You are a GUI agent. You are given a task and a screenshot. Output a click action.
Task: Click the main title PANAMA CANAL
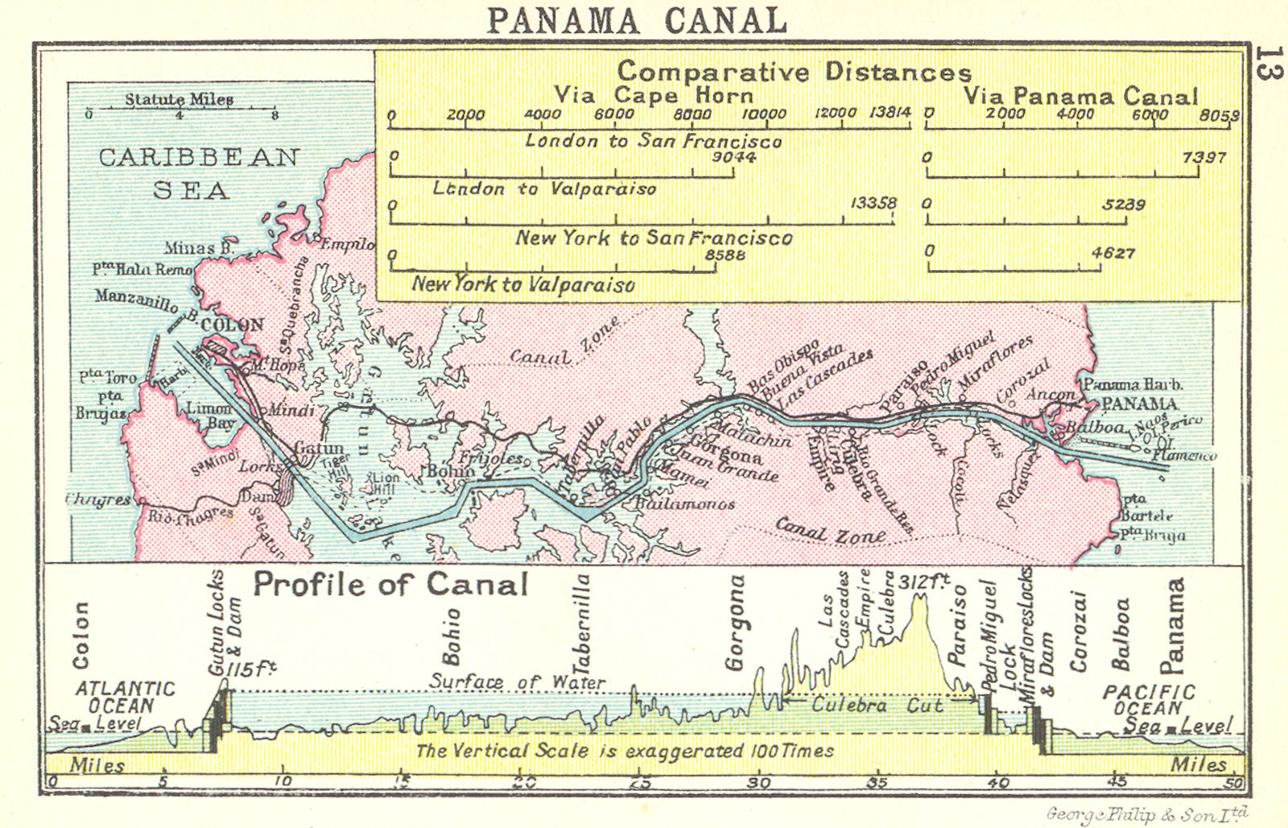pyautogui.click(x=637, y=20)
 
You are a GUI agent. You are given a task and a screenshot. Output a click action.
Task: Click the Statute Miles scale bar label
pyautogui.click(x=179, y=100)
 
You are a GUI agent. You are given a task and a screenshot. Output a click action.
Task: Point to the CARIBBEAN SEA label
pyautogui.click(x=198, y=172)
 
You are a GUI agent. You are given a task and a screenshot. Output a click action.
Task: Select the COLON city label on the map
pyautogui.click(x=232, y=325)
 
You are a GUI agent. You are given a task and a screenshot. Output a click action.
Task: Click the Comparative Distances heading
pyautogui.click(x=794, y=72)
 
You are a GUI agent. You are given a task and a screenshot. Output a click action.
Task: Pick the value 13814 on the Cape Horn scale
pyautogui.click(x=890, y=113)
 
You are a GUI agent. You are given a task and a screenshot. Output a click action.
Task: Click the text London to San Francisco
pyautogui.click(x=653, y=141)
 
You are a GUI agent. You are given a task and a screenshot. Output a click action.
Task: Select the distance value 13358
pyautogui.click(x=873, y=203)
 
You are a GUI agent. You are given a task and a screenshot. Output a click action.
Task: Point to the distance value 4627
pyautogui.click(x=1113, y=253)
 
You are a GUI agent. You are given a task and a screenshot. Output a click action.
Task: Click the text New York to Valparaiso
pyautogui.click(x=523, y=284)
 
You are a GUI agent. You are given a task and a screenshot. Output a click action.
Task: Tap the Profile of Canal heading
pyautogui.click(x=390, y=584)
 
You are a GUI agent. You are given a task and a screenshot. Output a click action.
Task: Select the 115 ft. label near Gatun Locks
pyautogui.click(x=251, y=669)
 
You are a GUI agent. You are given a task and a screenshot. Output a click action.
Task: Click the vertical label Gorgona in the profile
pyautogui.click(x=735, y=623)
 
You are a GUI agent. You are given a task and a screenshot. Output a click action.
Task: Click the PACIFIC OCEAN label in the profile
pyautogui.click(x=1149, y=700)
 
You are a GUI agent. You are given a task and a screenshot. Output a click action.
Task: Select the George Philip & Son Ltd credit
pyautogui.click(x=1147, y=814)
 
